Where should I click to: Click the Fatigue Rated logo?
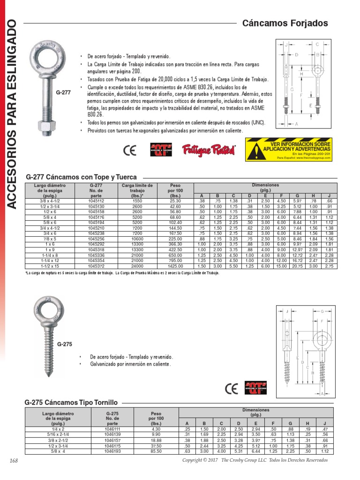(x=209, y=150)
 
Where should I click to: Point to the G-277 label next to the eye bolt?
(x=63, y=92)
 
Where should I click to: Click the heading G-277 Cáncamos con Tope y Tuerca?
(x=81, y=177)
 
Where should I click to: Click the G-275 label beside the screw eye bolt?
(x=64, y=345)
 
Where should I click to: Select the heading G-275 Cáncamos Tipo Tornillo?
(x=71, y=402)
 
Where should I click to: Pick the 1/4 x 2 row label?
(x=58, y=429)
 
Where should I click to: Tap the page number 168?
(x=13, y=461)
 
